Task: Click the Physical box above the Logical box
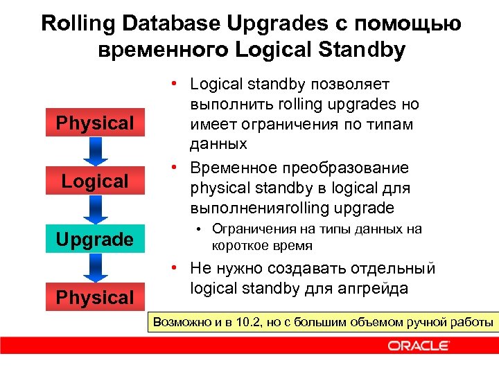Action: click(95, 123)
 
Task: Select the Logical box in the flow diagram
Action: click(95, 181)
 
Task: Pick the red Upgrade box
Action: click(95, 240)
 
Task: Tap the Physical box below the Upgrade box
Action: click(95, 298)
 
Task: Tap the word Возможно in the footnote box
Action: click(182, 322)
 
